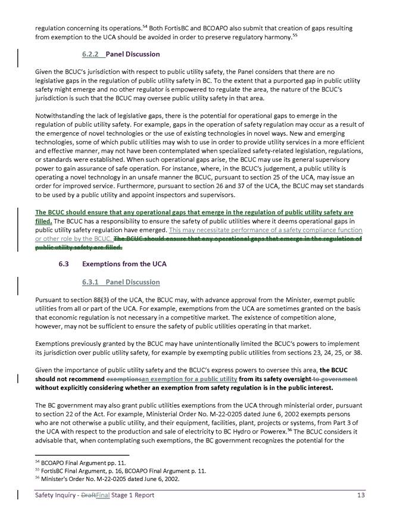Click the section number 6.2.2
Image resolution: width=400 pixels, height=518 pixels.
92,54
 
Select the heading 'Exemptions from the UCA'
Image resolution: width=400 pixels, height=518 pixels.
124,264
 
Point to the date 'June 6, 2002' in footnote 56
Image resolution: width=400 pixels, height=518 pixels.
160,478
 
